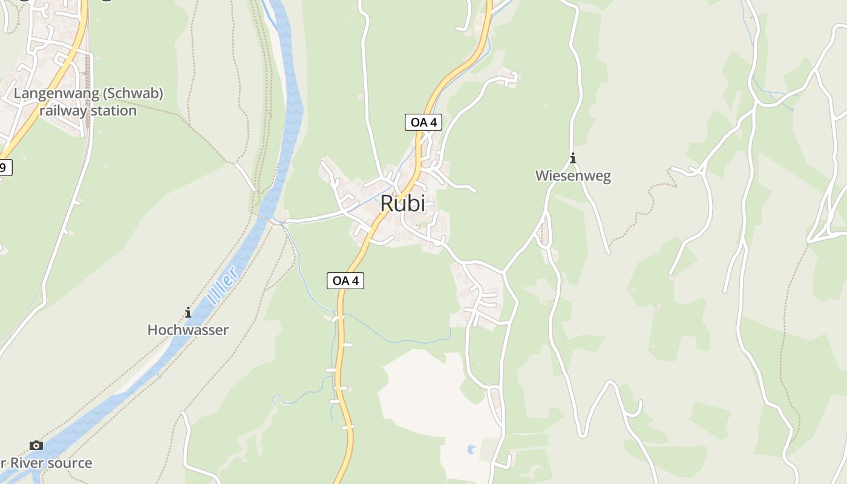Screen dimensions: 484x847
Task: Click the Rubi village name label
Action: [402, 204]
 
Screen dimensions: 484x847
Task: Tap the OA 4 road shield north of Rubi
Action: [423, 122]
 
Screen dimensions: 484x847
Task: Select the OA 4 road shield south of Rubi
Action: [345, 281]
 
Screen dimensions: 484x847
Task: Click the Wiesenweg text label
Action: [573, 176]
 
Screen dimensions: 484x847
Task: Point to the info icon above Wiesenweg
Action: [573, 159]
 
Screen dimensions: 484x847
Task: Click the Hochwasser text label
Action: [188, 330]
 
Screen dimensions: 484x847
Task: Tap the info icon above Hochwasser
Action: [188, 312]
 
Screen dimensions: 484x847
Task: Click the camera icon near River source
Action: [36, 445]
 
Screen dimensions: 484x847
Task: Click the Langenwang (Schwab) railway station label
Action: [88, 102]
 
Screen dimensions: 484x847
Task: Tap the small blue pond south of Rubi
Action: [471, 450]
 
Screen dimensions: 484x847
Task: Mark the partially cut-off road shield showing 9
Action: [4, 168]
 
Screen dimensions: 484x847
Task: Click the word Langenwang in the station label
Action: [53, 94]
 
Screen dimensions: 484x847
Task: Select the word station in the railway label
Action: [114, 111]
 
